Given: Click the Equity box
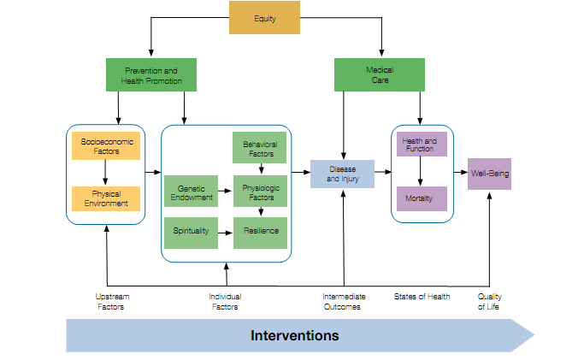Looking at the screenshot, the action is click(x=264, y=18).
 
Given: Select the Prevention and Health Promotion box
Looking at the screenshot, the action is click(x=151, y=74).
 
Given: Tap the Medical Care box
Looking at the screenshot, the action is click(x=380, y=74).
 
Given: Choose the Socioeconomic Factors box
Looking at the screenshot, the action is click(x=106, y=146).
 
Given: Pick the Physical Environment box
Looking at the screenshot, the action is click(x=106, y=198).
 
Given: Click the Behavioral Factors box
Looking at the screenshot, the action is click(x=260, y=147).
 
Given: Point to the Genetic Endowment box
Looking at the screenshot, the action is click(x=191, y=191).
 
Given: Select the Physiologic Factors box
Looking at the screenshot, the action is click(x=260, y=191).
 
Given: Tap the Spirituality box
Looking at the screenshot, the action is click(x=191, y=233).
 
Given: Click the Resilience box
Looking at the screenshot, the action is click(x=260, y=233).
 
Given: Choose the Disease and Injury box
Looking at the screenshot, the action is click(x=343, y=174).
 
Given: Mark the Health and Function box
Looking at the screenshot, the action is click(x=422, y=144).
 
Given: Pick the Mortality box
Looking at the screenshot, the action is click(x=422, y=198).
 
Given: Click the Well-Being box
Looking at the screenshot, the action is click(x=490, y=174).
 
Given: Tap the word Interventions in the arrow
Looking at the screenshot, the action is click(x=294, y=336).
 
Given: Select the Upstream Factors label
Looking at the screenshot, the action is click(x=112, y=302).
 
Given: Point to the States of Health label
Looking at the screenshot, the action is click(x=422, y=297).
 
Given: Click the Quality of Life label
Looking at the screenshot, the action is click(x=490, y=302).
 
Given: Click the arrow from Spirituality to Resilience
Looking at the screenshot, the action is click(x=225, y=233).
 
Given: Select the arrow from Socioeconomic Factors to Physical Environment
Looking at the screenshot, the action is click(x=105, y=173).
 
